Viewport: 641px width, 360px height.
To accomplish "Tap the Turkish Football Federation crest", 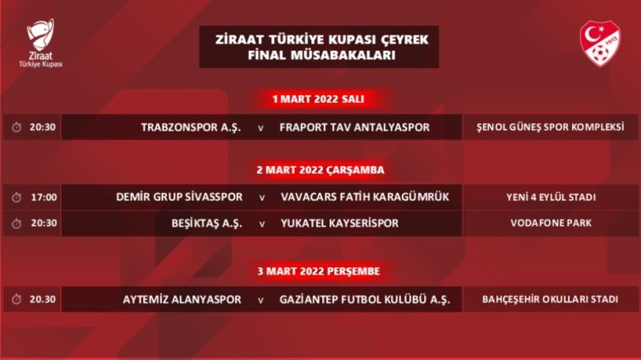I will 600,44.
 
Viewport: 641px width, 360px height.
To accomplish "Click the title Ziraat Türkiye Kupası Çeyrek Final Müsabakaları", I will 319,48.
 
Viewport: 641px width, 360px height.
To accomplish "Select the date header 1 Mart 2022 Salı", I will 318,99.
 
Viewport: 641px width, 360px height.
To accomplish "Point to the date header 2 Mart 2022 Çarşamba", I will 320,170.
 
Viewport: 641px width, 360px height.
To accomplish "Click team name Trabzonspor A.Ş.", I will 191,127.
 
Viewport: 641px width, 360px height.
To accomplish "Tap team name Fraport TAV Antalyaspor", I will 354,127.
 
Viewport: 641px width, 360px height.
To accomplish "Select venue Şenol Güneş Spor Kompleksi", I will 551,127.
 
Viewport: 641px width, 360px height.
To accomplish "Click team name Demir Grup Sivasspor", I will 179,197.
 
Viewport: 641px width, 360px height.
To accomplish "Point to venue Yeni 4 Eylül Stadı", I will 551,197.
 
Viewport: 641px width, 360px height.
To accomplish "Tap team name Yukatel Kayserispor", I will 339,224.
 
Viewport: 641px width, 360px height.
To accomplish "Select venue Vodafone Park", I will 551,224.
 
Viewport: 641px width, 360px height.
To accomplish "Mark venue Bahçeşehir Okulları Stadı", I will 551,300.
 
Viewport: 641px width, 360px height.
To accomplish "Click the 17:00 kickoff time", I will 43,197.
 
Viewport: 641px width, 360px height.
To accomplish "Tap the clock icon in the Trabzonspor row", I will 16,127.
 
